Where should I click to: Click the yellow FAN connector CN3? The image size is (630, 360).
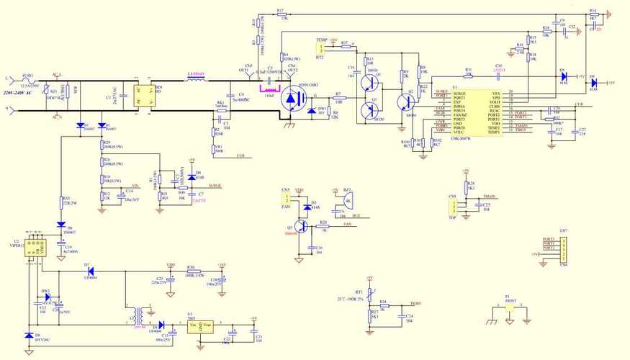286,197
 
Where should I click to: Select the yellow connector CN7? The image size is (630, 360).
564,248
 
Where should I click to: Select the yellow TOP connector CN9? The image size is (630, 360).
453,206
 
